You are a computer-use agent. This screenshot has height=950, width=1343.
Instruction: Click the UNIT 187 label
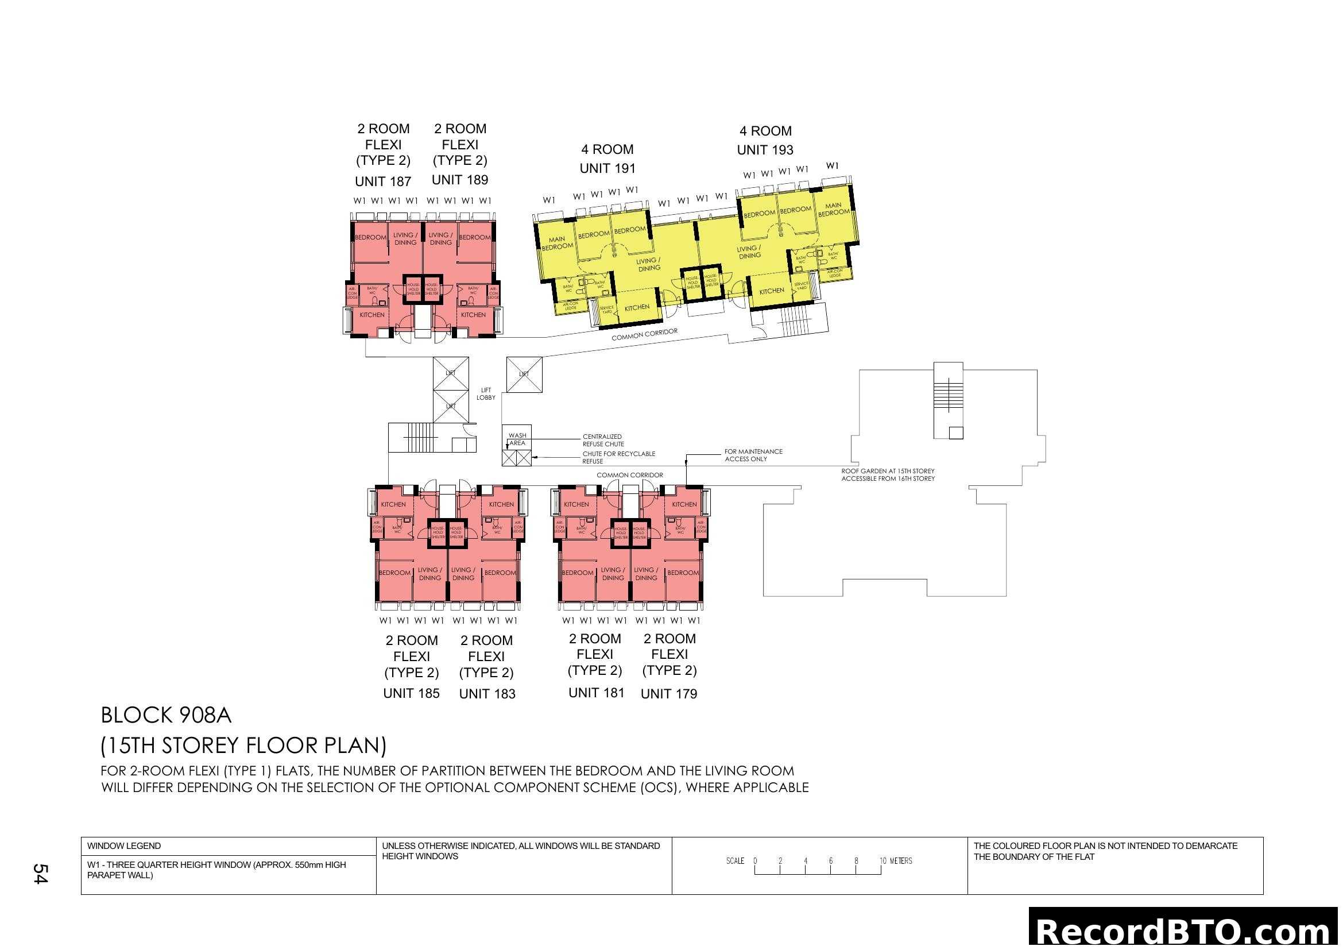[383, 181]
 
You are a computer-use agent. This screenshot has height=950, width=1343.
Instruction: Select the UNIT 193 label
[764, 150]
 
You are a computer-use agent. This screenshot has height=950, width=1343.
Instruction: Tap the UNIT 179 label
[668, 694]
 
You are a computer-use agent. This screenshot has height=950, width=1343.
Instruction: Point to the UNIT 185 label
[411, 693]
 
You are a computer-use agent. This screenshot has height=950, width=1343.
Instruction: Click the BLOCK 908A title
[166, 716]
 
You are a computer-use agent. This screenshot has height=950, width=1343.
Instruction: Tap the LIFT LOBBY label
[486, 393]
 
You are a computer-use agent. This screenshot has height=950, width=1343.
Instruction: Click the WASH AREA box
[517, 439]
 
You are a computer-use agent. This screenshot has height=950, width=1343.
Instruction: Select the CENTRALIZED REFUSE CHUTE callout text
[602, 440]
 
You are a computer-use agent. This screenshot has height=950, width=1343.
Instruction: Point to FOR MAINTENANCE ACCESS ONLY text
[753, 455]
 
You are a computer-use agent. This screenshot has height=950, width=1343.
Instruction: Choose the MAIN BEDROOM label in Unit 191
[557, 243]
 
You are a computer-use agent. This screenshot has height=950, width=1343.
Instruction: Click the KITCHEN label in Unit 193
[771, 291]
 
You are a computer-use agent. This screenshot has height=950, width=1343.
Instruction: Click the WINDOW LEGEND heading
[124, 846]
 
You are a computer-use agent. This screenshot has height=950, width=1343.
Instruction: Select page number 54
[40, 874]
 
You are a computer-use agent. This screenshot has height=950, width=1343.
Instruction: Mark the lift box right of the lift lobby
[524, 374]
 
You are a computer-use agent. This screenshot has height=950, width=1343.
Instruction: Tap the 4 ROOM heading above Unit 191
[607, 149]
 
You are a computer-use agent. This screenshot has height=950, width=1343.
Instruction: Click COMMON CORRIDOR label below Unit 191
[644, 335]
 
